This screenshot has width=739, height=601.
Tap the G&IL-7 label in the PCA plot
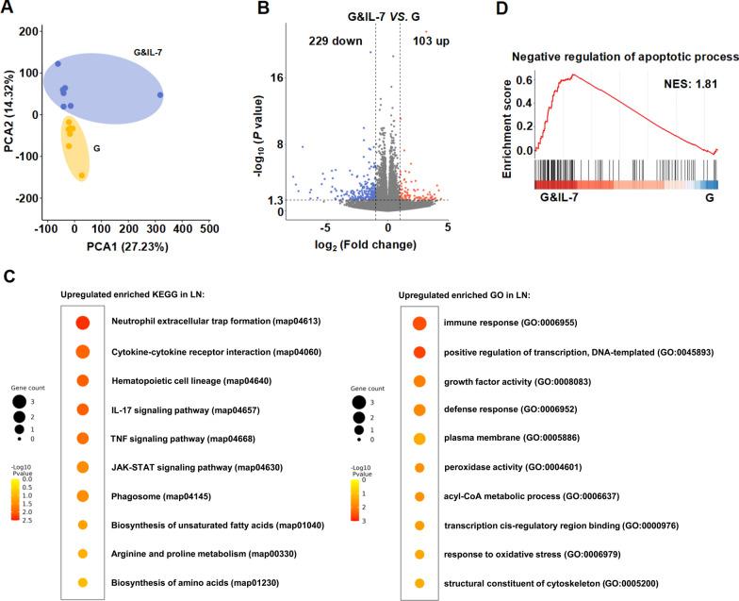tap(144, 53)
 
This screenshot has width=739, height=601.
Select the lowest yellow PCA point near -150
tap(82, 175)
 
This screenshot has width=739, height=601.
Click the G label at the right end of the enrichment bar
tap(710, 199)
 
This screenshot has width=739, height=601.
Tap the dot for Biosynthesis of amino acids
tap(83, 584)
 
